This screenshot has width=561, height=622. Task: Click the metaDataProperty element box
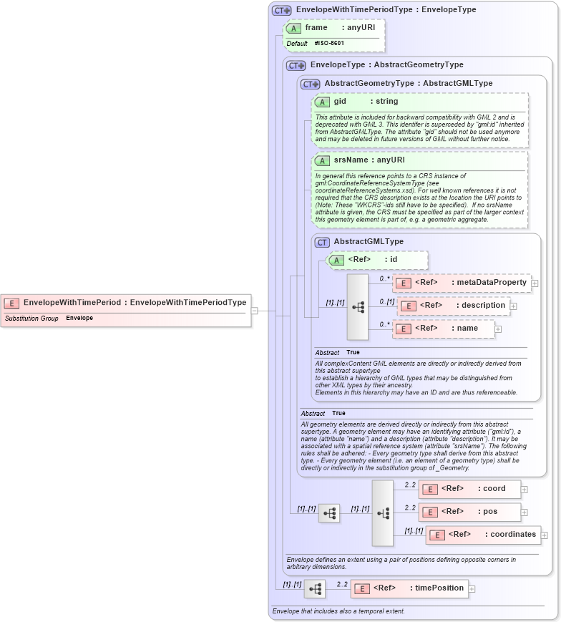tap(462, 283)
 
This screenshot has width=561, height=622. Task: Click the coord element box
tap(469, 489)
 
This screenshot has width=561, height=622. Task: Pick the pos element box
tap(469, 512)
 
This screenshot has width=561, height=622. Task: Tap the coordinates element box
tap(483, 535)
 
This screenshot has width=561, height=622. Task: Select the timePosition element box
tap(409, 588)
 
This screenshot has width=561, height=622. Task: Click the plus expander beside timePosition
tap(472, 589)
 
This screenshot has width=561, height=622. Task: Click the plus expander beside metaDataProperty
tap(535, 283)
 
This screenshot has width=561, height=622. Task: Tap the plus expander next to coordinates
tap(545, 535)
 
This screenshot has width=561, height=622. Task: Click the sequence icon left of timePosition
tap(314, 589)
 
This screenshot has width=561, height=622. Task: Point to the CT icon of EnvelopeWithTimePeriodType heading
tap(280, 11)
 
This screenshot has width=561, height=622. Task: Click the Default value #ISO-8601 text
tap(329, 44)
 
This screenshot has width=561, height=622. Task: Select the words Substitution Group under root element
tap(31, 318)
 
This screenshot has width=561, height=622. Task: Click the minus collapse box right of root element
tap(254, 311)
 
